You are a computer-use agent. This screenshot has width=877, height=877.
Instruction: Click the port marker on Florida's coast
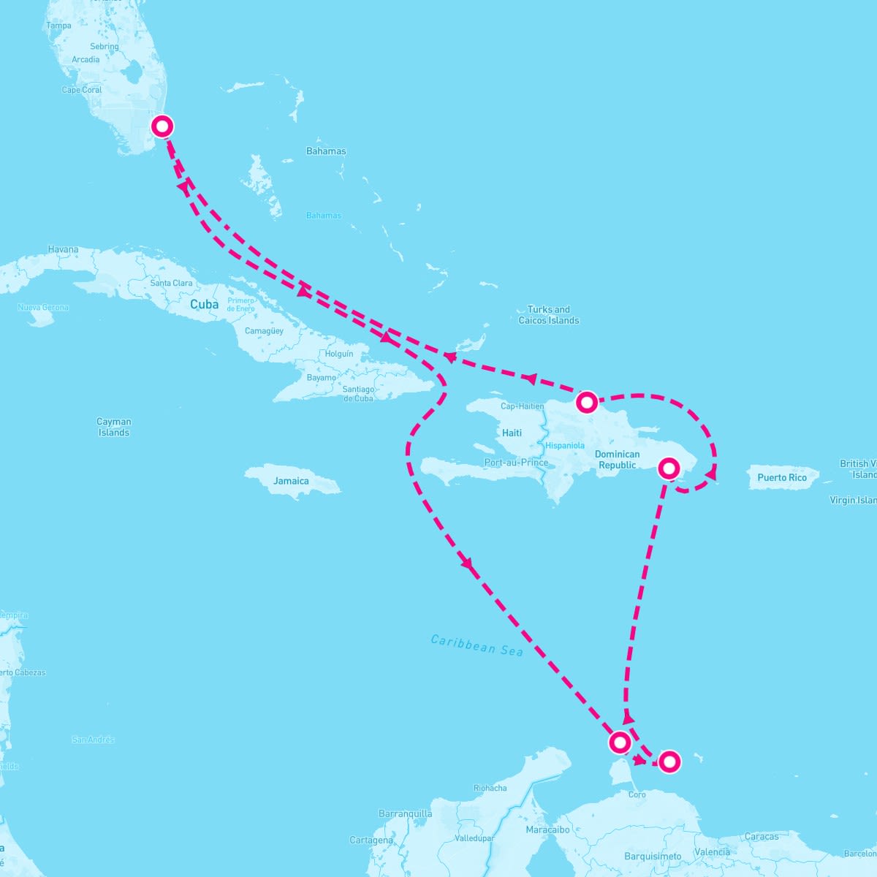162,126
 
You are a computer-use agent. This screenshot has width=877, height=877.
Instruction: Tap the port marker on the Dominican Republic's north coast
586,402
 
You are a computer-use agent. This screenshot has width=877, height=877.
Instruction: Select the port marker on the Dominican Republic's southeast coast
669,468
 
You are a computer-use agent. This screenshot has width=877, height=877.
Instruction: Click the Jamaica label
291,481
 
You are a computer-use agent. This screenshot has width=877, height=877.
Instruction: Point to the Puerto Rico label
782,477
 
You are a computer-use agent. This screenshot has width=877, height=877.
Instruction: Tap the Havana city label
63,249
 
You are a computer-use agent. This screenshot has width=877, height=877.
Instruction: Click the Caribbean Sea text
477,645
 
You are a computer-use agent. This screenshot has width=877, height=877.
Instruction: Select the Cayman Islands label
114,427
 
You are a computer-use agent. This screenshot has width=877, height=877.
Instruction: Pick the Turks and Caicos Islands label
549,315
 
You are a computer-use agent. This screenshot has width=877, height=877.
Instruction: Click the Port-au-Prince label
516,462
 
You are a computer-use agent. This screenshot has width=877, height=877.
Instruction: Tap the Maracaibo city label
547,829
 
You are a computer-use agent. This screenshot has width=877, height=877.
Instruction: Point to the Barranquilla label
405,813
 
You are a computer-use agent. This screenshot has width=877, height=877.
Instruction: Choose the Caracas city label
762,837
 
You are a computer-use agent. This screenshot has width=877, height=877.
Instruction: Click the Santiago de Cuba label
358,394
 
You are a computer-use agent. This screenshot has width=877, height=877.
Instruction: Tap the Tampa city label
58,26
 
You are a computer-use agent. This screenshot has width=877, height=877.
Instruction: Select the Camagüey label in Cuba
264,331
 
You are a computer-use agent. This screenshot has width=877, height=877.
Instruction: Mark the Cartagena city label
371,840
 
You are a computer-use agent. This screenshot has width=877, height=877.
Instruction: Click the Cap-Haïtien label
522,406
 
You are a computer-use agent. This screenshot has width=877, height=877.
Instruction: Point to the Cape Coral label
82,90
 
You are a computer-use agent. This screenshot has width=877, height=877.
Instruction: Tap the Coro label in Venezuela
637,794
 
